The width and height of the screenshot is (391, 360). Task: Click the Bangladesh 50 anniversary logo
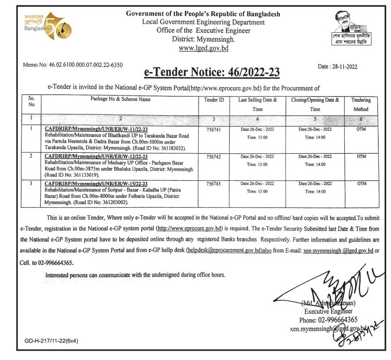coord(43,26)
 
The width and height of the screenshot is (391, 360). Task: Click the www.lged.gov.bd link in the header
coord(203,48)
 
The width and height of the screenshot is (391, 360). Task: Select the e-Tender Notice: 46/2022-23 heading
coord(212,72)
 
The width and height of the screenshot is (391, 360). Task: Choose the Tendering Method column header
coord(361,104)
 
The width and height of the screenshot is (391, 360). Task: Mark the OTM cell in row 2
coord(361,156)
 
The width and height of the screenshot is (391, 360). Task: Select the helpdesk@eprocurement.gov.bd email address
coord(224,252)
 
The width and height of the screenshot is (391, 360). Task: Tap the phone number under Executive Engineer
coord(328,320)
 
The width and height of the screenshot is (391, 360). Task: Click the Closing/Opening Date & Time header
coord(315,104)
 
